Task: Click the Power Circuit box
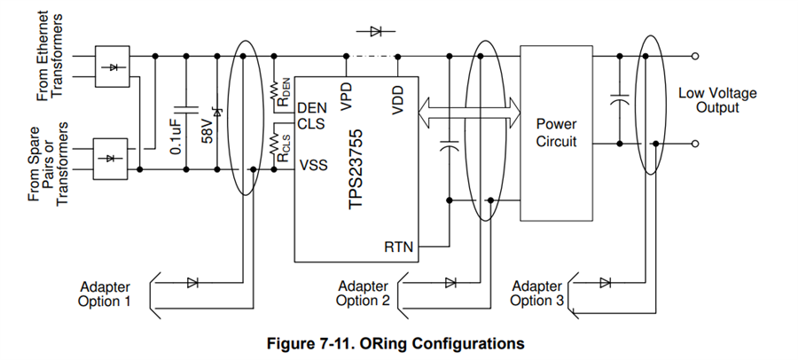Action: tap(556, 133)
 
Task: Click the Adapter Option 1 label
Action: tap(105, 293)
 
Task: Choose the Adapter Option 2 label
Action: tap(364, 293)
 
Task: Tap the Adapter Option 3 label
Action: tap(536, 293)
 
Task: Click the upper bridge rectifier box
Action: tap(112, 67)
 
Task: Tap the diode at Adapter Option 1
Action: tap(192, 283)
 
